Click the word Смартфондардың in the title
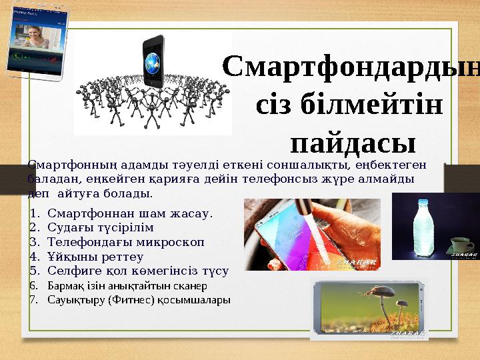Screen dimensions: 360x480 [x=351, y=67]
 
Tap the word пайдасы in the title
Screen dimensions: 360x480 [x=353, y=142]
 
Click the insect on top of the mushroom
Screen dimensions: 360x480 [x=376, y=291]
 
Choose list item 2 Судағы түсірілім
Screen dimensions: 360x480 [x=101, y=229]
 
